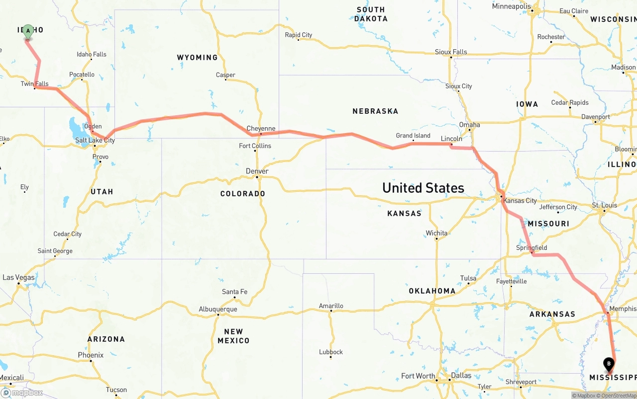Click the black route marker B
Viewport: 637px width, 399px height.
tap(609, 364)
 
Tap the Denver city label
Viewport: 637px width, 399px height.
tap(257, 171)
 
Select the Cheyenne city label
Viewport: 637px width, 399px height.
tap(261, 128)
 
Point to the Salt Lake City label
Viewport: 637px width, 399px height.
tap(95, 141)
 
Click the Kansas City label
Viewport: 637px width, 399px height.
tap(520, 201)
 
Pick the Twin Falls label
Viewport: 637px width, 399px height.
tap(34, 84)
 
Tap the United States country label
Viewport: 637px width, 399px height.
tap(423, 188)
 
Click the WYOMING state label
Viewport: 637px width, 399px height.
tap(197, 58)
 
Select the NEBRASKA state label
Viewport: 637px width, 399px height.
tap(375, 111)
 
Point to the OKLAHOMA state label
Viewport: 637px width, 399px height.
tap(432, 291)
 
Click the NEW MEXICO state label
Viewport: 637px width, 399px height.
tap(233, 336)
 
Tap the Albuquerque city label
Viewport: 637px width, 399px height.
tap(217, 309)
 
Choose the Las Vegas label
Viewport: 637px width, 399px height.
tap(18, 277)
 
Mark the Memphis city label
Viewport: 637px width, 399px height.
tap(623, 309)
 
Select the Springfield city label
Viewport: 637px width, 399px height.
tap(531, 247)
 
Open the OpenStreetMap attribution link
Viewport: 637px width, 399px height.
tap(618, 396)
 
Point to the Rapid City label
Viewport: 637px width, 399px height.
tap(298, 35)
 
